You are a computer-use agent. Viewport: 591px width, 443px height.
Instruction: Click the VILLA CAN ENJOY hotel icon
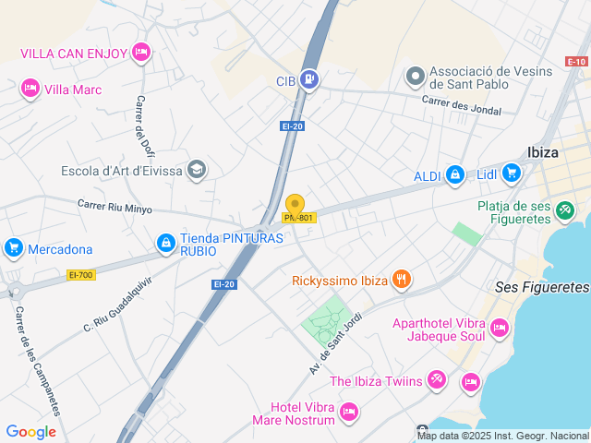(x=140, y=52)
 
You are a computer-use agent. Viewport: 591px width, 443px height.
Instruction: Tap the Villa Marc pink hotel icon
(x=30, y=89)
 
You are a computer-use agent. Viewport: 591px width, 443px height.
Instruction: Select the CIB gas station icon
(x=309, y=80)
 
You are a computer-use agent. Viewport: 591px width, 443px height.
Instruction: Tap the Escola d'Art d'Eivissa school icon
(x=196, y=170)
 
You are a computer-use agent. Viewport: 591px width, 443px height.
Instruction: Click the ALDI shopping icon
(x=454, y=174)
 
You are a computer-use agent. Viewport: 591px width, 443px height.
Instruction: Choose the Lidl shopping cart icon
(x=511, y=173)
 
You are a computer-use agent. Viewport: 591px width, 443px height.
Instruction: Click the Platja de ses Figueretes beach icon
(x=564, y=210)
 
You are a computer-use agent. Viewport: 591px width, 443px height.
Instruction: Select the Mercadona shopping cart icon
(x=13, y=248)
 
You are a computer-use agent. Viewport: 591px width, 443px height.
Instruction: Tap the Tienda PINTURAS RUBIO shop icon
(x=165, y=243)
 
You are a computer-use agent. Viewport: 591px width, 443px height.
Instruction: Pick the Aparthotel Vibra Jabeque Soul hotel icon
(x=499, y=327)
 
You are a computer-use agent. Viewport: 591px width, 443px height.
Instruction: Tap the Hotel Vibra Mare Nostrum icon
(x=348, y=411)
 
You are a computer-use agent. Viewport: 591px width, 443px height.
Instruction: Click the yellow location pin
(x=295, y=205)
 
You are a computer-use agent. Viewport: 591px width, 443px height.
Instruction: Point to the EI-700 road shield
(x=81, y=274)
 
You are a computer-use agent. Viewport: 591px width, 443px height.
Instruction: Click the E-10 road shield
(x=576, y=62)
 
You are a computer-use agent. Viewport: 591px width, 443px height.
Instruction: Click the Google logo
(x=30, y=432)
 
